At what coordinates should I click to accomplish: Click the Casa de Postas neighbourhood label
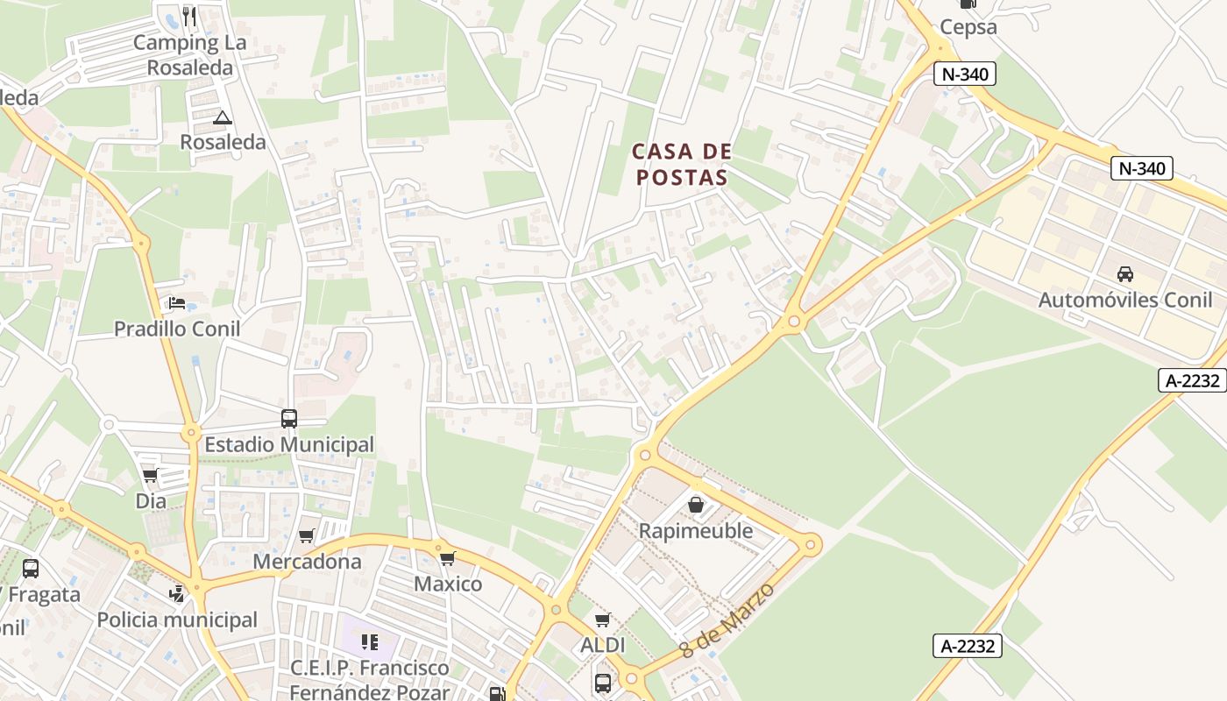click(682, 164)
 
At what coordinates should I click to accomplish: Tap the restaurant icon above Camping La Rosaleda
click(189, 16)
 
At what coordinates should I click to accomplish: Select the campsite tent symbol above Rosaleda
click(223, 117)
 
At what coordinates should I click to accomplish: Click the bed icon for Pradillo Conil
click(176, 303)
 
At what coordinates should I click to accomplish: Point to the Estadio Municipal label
click(289, 444)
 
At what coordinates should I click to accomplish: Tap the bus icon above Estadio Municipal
click(289, 419)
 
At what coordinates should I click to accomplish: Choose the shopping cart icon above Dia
click(150, 476)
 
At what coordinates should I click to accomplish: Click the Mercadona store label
click(307, 561)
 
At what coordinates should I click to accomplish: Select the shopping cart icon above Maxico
click(448, 558)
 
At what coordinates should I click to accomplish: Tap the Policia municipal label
click(177, 620)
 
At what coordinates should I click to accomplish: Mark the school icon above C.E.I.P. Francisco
click(370, 642)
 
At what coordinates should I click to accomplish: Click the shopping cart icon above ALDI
click(602, 620)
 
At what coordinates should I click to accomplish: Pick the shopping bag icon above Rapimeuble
click(696, 505)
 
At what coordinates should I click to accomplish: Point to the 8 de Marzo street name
click(727, 620)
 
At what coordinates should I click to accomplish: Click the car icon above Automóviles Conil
click(1125, 274)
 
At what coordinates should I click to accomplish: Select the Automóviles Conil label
click(1125, 300)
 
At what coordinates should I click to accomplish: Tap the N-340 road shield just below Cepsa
click(965, 74)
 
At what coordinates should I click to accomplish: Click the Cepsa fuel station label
click(968, 26)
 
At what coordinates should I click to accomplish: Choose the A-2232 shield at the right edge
click(1193, 380)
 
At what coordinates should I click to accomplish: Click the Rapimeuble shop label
click(696, 530)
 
